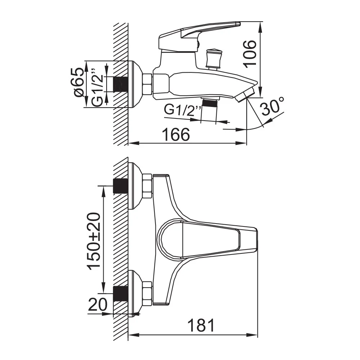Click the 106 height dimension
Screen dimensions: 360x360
point(250,54)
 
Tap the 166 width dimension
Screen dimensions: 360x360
point(176,135)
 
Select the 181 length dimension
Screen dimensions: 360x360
point(201,325)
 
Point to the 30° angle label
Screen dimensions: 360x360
point(273,107)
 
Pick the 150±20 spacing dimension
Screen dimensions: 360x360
point(94,241)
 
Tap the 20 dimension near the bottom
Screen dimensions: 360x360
point(98,305)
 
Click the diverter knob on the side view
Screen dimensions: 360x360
point(213,59)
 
